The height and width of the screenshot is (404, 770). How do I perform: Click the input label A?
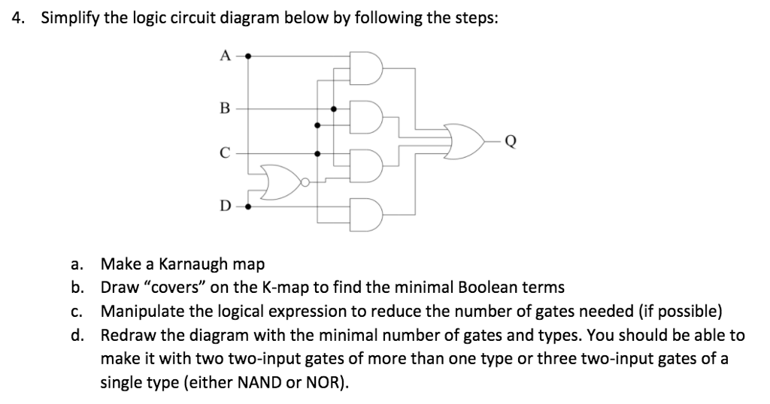[223, 55]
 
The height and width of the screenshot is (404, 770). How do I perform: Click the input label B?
[223, 107]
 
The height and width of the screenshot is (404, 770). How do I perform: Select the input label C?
[223, 154]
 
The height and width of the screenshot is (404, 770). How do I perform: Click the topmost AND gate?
[370, 68]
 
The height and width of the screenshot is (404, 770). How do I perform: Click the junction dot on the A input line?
[249, 56]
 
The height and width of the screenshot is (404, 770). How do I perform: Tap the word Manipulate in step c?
[139, 311]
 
